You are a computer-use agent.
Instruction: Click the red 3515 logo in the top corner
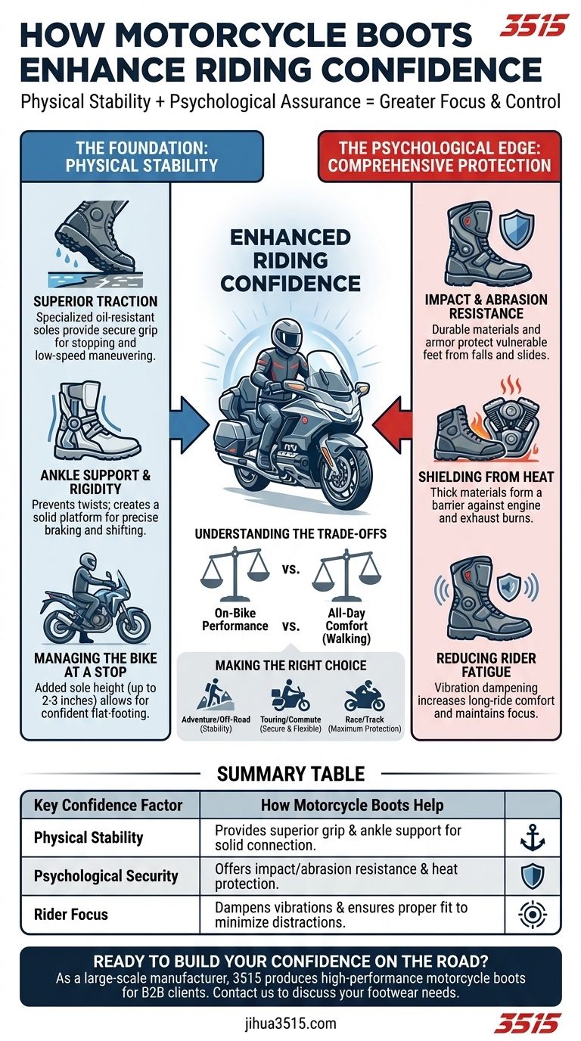[534, 26]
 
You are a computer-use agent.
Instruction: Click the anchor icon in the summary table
[533, 839]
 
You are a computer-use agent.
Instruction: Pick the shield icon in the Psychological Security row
[533, 876]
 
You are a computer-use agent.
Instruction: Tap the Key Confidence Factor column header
[108, 805]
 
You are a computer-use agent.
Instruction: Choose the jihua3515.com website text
[290, 1024]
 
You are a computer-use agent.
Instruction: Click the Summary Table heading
[290, 773]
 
